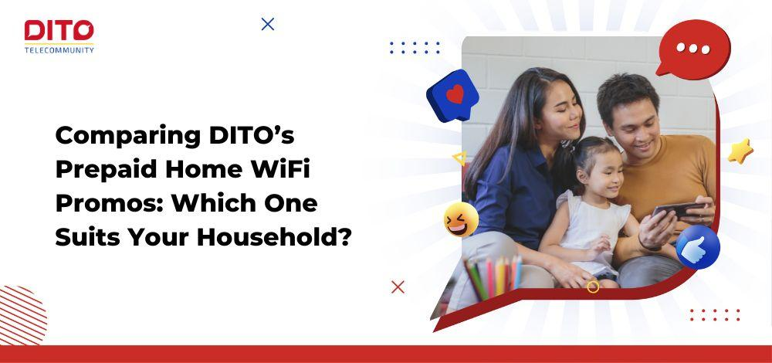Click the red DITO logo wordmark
point(59,32)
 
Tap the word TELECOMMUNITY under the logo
point(59,50)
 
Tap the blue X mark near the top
point(268,24)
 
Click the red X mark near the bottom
point(398,287)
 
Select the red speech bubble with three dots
point(692,49)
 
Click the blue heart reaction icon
point(454,96)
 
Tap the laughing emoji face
point(461,220)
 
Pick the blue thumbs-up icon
point(698,248)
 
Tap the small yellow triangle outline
point(459,158)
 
